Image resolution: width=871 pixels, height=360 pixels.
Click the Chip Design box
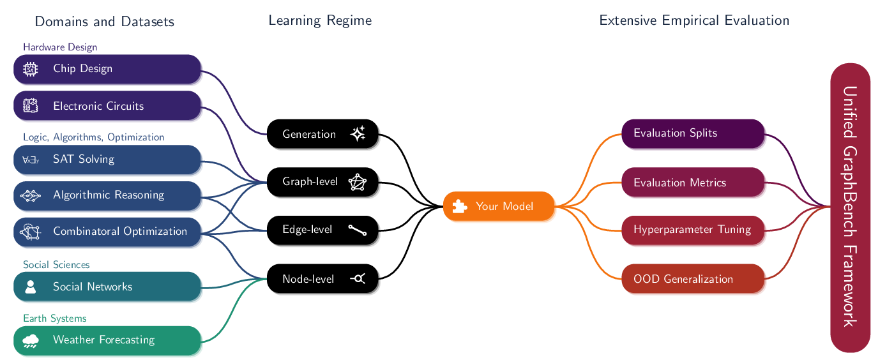tap(107, 69)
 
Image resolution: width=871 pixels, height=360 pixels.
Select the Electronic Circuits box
tap(107, 106)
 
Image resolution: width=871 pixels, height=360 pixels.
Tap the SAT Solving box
tap(107, 160)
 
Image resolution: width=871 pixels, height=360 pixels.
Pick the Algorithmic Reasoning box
tap(107, 195)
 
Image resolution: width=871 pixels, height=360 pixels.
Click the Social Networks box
tap(107, 287)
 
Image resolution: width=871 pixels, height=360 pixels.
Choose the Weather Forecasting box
tap(107, 340)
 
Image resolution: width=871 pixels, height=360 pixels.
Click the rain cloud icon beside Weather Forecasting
tap(30, 341)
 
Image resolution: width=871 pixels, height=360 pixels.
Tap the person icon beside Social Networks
tap(30, 287)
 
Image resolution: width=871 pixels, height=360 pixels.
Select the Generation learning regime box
tap(324, 135)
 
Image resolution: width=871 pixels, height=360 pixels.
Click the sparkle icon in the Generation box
tap(358, 134)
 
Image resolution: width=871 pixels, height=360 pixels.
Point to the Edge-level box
tap(324, 230)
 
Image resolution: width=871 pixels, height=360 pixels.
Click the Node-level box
tap(324, 279)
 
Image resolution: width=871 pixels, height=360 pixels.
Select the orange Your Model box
tap(499, 206)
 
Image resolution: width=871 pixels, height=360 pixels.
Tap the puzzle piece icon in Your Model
tap(459, 206)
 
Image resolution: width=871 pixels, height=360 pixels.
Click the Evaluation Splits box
tap(693, 133)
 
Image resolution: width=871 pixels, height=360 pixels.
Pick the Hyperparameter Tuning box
tap(693, 230)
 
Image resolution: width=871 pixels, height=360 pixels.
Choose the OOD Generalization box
tap(693, 279)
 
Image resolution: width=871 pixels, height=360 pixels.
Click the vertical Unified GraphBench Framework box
tap(850, 207)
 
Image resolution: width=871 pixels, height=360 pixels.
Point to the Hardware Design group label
tap(60, 47)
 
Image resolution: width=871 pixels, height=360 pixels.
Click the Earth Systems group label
tap(54, 319)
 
